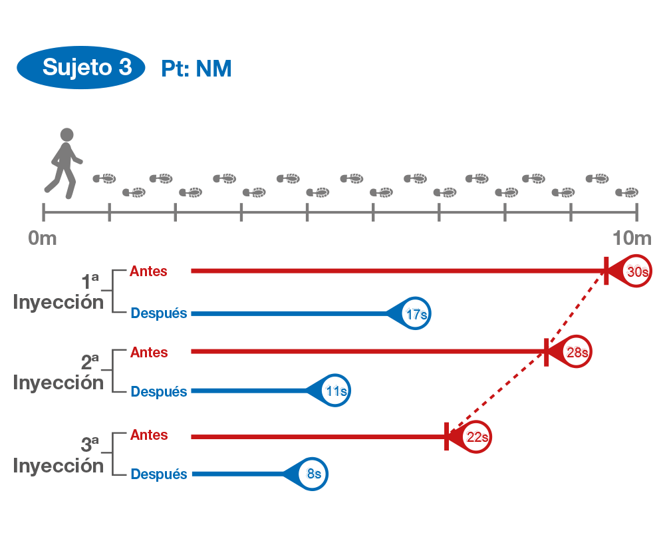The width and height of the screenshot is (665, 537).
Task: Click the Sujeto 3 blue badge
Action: pyautogui.click(x=80, y=67)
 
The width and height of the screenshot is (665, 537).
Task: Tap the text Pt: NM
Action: pyautogui.click(x=196, y=69)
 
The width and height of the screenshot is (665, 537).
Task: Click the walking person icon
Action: pyautogui.click(x=65, y=163)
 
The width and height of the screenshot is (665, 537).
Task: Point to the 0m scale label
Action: pyautogui.click(x=43, y=238)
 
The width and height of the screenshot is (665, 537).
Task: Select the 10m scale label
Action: pyautogui.click(x=632, y=238)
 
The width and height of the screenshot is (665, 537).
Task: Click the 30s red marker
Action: pyautogui.click(x=636, y=271)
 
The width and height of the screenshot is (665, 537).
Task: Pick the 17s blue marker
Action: pyautogui.click(x=415, y=313)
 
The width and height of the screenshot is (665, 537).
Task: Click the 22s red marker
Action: pyautogui.click(x=475, y=437)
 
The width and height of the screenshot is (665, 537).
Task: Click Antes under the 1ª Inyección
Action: pyautogui.click(x=148, y=271)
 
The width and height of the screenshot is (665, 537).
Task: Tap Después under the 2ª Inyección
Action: pyautogui.click(x=158, y=392)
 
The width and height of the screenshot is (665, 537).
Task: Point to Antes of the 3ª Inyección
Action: pyautogui.click(x=148, y=435)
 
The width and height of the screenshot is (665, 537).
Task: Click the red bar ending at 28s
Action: pyautogui.click(x=366, y=351)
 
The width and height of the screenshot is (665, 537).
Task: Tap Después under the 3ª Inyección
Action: pyautogui.click(x=158, y=474)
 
